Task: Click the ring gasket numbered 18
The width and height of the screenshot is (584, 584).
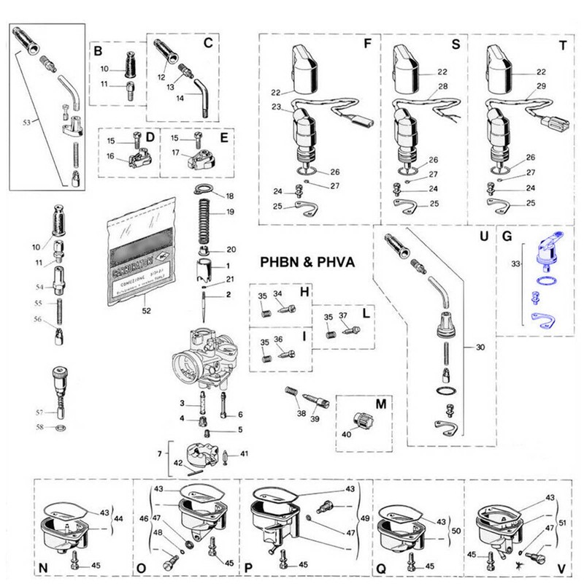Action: coord(207,192)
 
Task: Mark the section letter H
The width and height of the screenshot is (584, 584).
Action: coord(304,291)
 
